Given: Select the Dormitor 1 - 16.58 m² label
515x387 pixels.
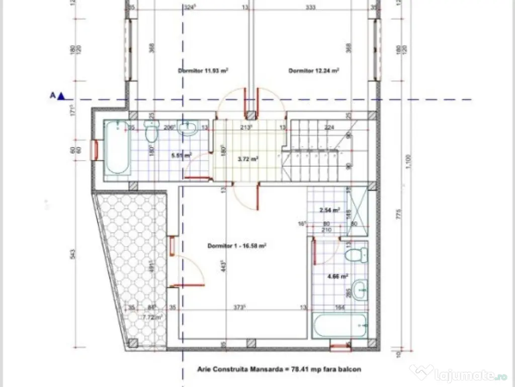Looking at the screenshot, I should tap(236, 246).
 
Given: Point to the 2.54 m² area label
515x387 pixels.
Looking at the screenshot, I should tap(329, 210).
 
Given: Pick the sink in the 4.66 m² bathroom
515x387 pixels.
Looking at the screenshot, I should tap(360, 289).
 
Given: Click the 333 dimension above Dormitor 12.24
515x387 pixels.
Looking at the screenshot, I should tap(310, 8).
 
